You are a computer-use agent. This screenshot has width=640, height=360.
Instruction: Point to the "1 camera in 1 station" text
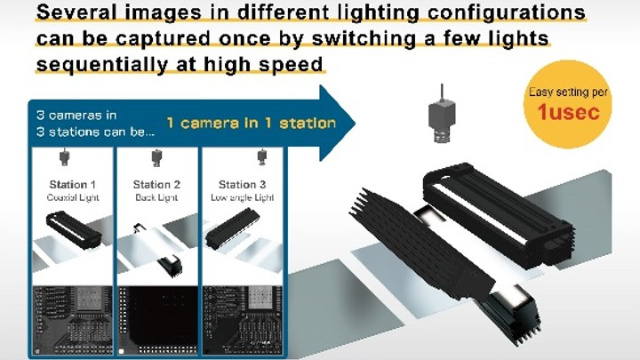[251, 123]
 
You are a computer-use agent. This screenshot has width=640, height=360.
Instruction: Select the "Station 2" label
[156, 185]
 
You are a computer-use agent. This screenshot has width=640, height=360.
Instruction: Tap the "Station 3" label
[242, 185]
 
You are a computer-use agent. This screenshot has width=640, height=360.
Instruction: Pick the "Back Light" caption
[156, 197]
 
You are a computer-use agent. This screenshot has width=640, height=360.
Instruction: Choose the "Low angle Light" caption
[242, 197]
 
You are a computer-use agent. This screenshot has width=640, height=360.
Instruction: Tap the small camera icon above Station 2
[156, 158]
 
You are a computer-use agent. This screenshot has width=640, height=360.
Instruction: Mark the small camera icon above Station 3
[261, 158]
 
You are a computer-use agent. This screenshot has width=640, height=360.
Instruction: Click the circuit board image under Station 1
[72, 319]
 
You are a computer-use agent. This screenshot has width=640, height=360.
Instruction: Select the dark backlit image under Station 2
[157, 319]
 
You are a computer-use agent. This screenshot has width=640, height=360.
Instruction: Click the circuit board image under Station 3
[243, 319]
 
